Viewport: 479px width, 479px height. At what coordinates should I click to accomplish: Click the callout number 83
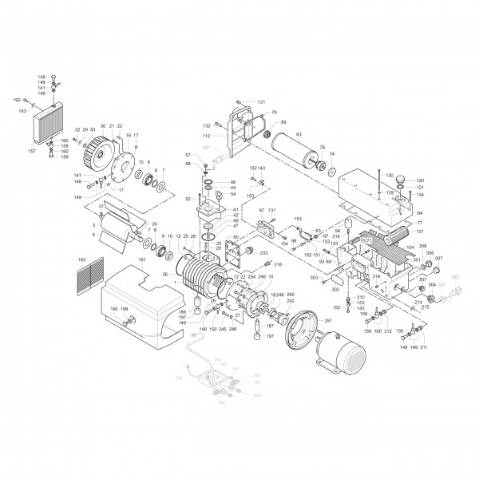(299, 133)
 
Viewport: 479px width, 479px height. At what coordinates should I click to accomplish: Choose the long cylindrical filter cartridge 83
(295, 151)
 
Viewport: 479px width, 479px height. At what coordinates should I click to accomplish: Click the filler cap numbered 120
(420, 180)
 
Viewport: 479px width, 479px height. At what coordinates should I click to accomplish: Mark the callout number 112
(206, 135)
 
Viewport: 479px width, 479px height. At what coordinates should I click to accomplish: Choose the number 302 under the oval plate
(335, 291)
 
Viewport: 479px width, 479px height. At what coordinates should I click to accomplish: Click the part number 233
(263, 252)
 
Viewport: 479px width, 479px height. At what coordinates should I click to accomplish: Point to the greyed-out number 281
(206, 148)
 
